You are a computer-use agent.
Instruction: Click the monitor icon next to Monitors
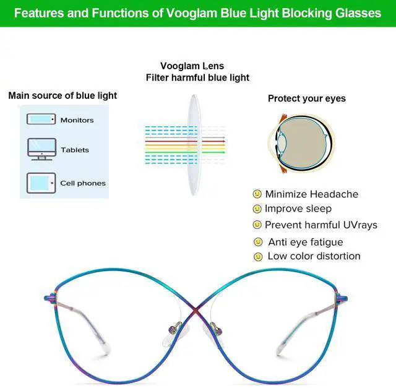(41, 119)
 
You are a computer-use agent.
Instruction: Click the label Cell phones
(83, 183)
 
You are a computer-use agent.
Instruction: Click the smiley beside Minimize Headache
(257, 194)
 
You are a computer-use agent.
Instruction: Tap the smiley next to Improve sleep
(257, 209)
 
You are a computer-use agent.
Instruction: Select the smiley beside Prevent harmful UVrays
(257, 225)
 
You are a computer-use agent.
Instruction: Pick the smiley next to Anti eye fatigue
(258, 241)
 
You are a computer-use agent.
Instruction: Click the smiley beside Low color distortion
(258, 256)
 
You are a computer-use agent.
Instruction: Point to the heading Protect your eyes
(307, 98)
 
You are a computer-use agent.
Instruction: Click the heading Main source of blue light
(62, 96)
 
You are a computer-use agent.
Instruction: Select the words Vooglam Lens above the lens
(192, 66)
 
